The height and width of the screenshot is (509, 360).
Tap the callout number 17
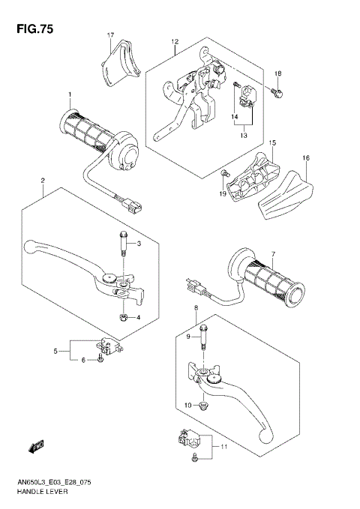[x=109, y=36]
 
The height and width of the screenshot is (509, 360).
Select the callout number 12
[x=174, y=42]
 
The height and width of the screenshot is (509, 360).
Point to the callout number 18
[x=277, y=73]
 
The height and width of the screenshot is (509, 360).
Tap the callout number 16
[x=306, y=158]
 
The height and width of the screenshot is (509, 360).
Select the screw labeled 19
[x=224, y=175]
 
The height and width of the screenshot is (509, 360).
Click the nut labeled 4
[x=122, y=316]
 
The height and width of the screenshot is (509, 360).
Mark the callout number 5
[x=55, y=350]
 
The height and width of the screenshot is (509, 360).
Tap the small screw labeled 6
[x=100, y=361]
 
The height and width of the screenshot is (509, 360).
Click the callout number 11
[x=223, y=446]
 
